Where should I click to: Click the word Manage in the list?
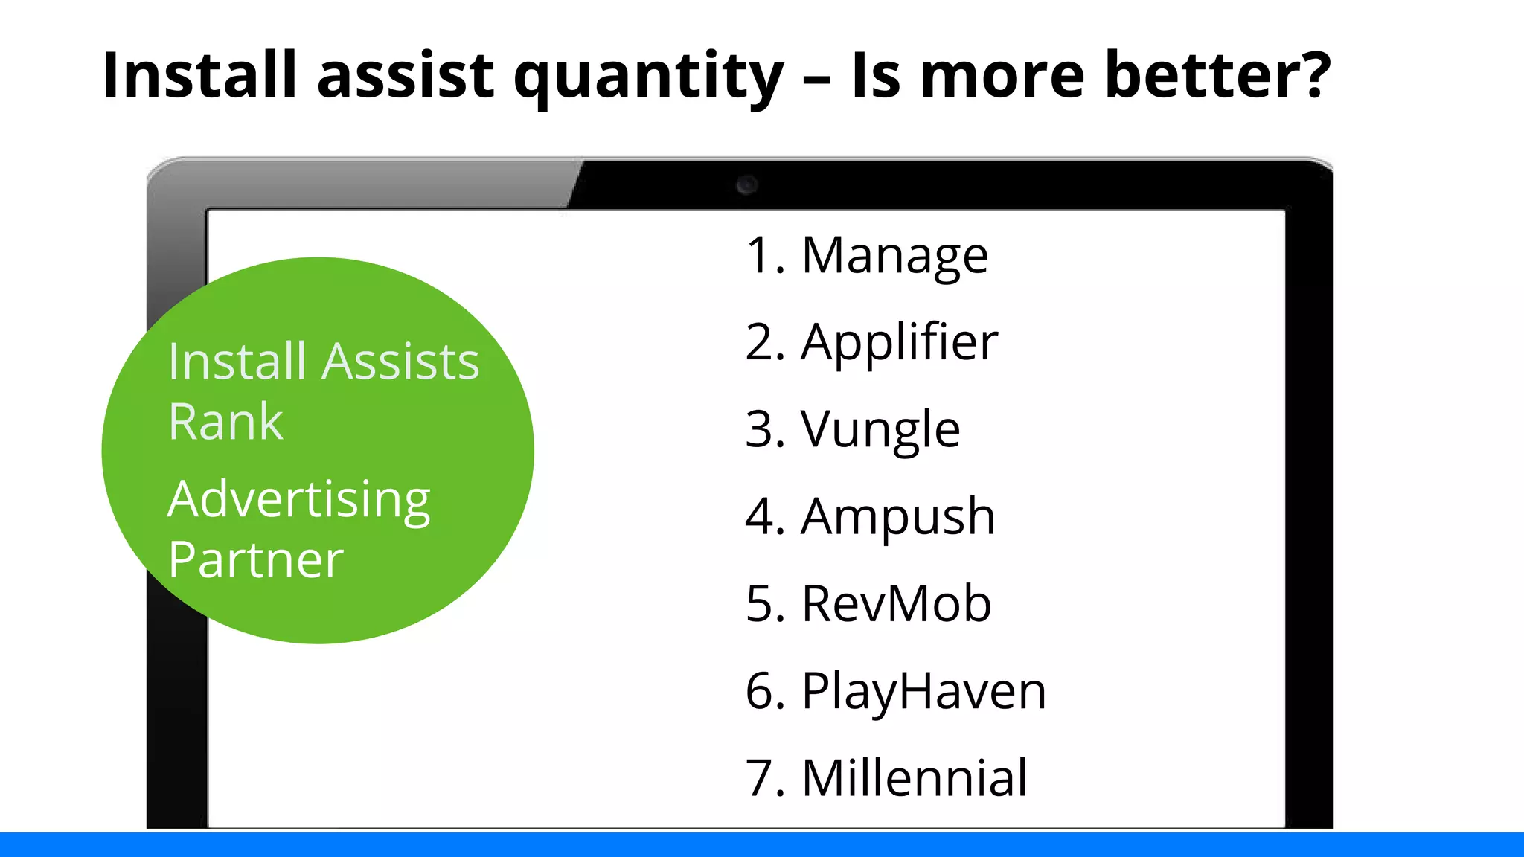tap(894, 256)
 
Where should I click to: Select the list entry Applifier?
tap(899, 343)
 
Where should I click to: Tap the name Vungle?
tap(880, 430)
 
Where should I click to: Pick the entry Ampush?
tap(897, 517)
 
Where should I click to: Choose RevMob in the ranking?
tap(896, 603)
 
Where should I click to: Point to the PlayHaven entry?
tap(923, 691)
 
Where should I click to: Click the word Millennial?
tap(915, 778)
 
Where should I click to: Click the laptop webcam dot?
tap(746, 184)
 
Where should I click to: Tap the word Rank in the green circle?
tap(225, 422)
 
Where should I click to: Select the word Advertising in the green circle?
tap(299, 500)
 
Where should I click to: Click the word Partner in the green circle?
tap(255, 560)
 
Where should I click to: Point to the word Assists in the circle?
tap(402, 362)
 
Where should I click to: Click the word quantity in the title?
tap(648, 77)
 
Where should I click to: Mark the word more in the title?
tap(1003, 76)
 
